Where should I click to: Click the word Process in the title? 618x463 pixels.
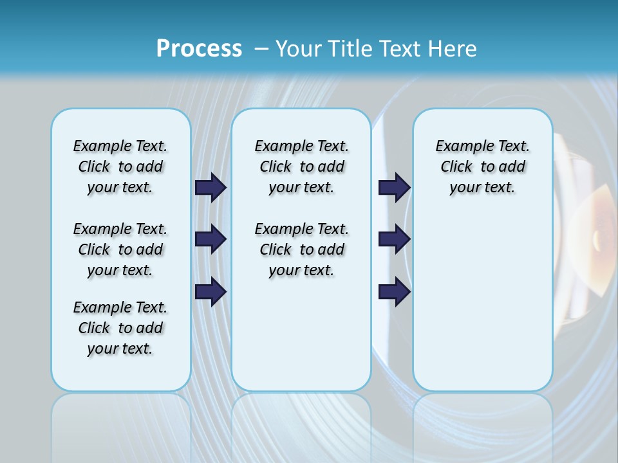point(198,49)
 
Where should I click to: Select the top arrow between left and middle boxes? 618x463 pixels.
point(211,187)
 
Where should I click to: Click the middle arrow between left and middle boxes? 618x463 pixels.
point(211,239)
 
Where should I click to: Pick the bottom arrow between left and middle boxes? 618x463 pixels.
point(211,291)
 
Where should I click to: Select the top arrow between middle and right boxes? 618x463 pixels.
point(394,187)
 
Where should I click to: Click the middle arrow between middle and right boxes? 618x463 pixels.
point(394,239)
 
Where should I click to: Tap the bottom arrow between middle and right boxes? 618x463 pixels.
point(394,291)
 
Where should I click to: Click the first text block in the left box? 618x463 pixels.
point(120,167)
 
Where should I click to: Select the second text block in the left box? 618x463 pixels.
point(120,250)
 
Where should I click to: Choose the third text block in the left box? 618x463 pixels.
point(120,328)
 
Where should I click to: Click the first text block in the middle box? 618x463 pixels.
point(301,167)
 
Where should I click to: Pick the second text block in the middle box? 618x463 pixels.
point(301,250)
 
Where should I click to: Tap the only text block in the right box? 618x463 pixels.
point(482,167)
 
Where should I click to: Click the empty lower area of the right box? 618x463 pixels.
point(482,309)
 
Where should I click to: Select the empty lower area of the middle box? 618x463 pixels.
point(301,334)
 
